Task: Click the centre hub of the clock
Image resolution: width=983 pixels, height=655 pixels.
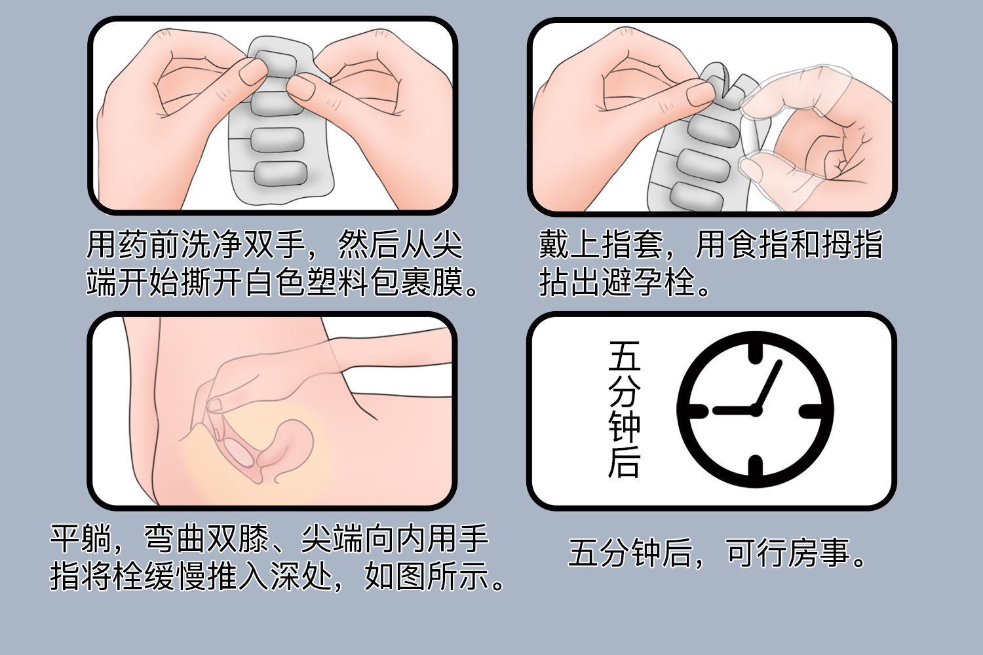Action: (755, 411)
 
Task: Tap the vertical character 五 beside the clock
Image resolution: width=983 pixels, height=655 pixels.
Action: (624, 356)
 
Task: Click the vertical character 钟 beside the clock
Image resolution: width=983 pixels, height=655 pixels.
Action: (624, 428)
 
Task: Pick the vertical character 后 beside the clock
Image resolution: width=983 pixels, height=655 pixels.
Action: (624, 462)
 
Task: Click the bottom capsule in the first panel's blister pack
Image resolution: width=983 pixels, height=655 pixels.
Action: (280, 174)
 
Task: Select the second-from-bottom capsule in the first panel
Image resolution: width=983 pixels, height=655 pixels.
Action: (277, 140)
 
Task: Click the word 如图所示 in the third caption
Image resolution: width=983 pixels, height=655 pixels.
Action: (427, 576)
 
